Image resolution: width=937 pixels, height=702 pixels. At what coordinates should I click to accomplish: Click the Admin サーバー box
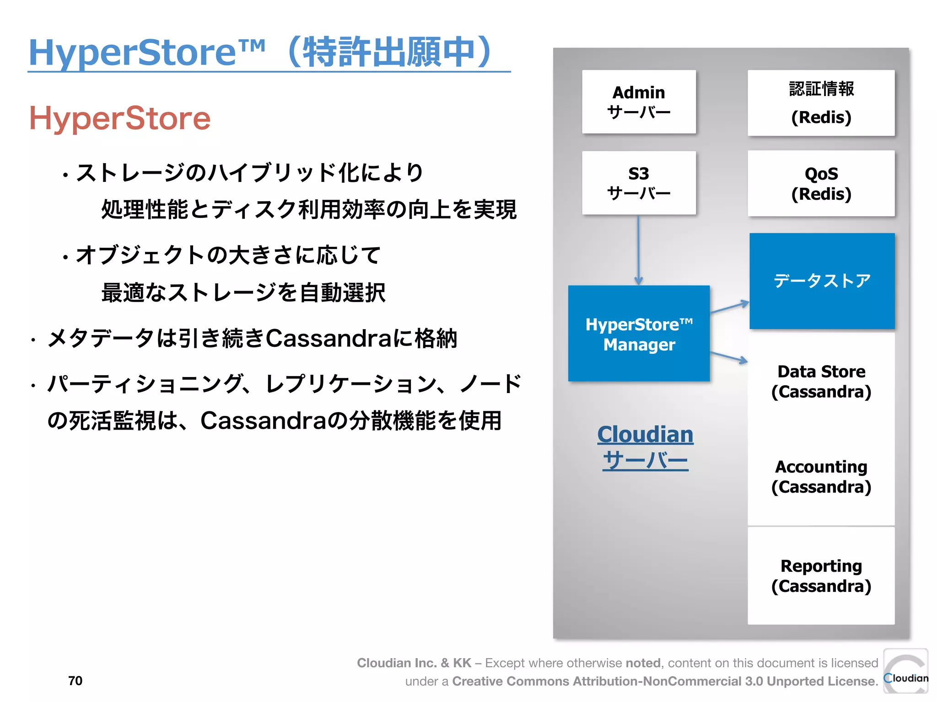point(639,102)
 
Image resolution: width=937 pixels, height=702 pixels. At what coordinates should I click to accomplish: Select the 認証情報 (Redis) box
point(821,103)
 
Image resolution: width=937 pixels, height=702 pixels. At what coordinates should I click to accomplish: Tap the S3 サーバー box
point(639,183)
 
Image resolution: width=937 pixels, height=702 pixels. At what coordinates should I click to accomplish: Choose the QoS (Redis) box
point(821,183)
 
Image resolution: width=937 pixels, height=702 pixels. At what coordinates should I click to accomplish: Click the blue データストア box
point(822,281)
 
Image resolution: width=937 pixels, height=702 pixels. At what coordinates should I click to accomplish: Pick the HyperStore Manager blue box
point(639,334)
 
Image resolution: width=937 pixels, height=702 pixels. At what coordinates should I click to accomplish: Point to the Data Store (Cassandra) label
point(821,382)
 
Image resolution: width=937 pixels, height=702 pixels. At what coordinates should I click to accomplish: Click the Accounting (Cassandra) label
point(821,477)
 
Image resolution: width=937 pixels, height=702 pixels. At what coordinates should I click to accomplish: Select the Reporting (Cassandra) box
point(821,576)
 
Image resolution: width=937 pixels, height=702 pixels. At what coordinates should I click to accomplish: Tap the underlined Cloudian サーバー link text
point(645,447)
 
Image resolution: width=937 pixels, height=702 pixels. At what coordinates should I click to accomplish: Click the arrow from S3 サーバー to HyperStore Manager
point(638,249)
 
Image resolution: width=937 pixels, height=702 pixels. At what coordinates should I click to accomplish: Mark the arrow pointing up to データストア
point(729,307)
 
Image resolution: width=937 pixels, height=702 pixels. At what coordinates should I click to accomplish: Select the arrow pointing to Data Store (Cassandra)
point(729,357)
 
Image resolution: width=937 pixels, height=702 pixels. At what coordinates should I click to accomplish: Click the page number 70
point(75,681)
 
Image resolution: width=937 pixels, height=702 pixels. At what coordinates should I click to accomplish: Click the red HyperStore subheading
point(120,118)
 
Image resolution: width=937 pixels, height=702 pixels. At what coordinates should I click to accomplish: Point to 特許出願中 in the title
point(389,52)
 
